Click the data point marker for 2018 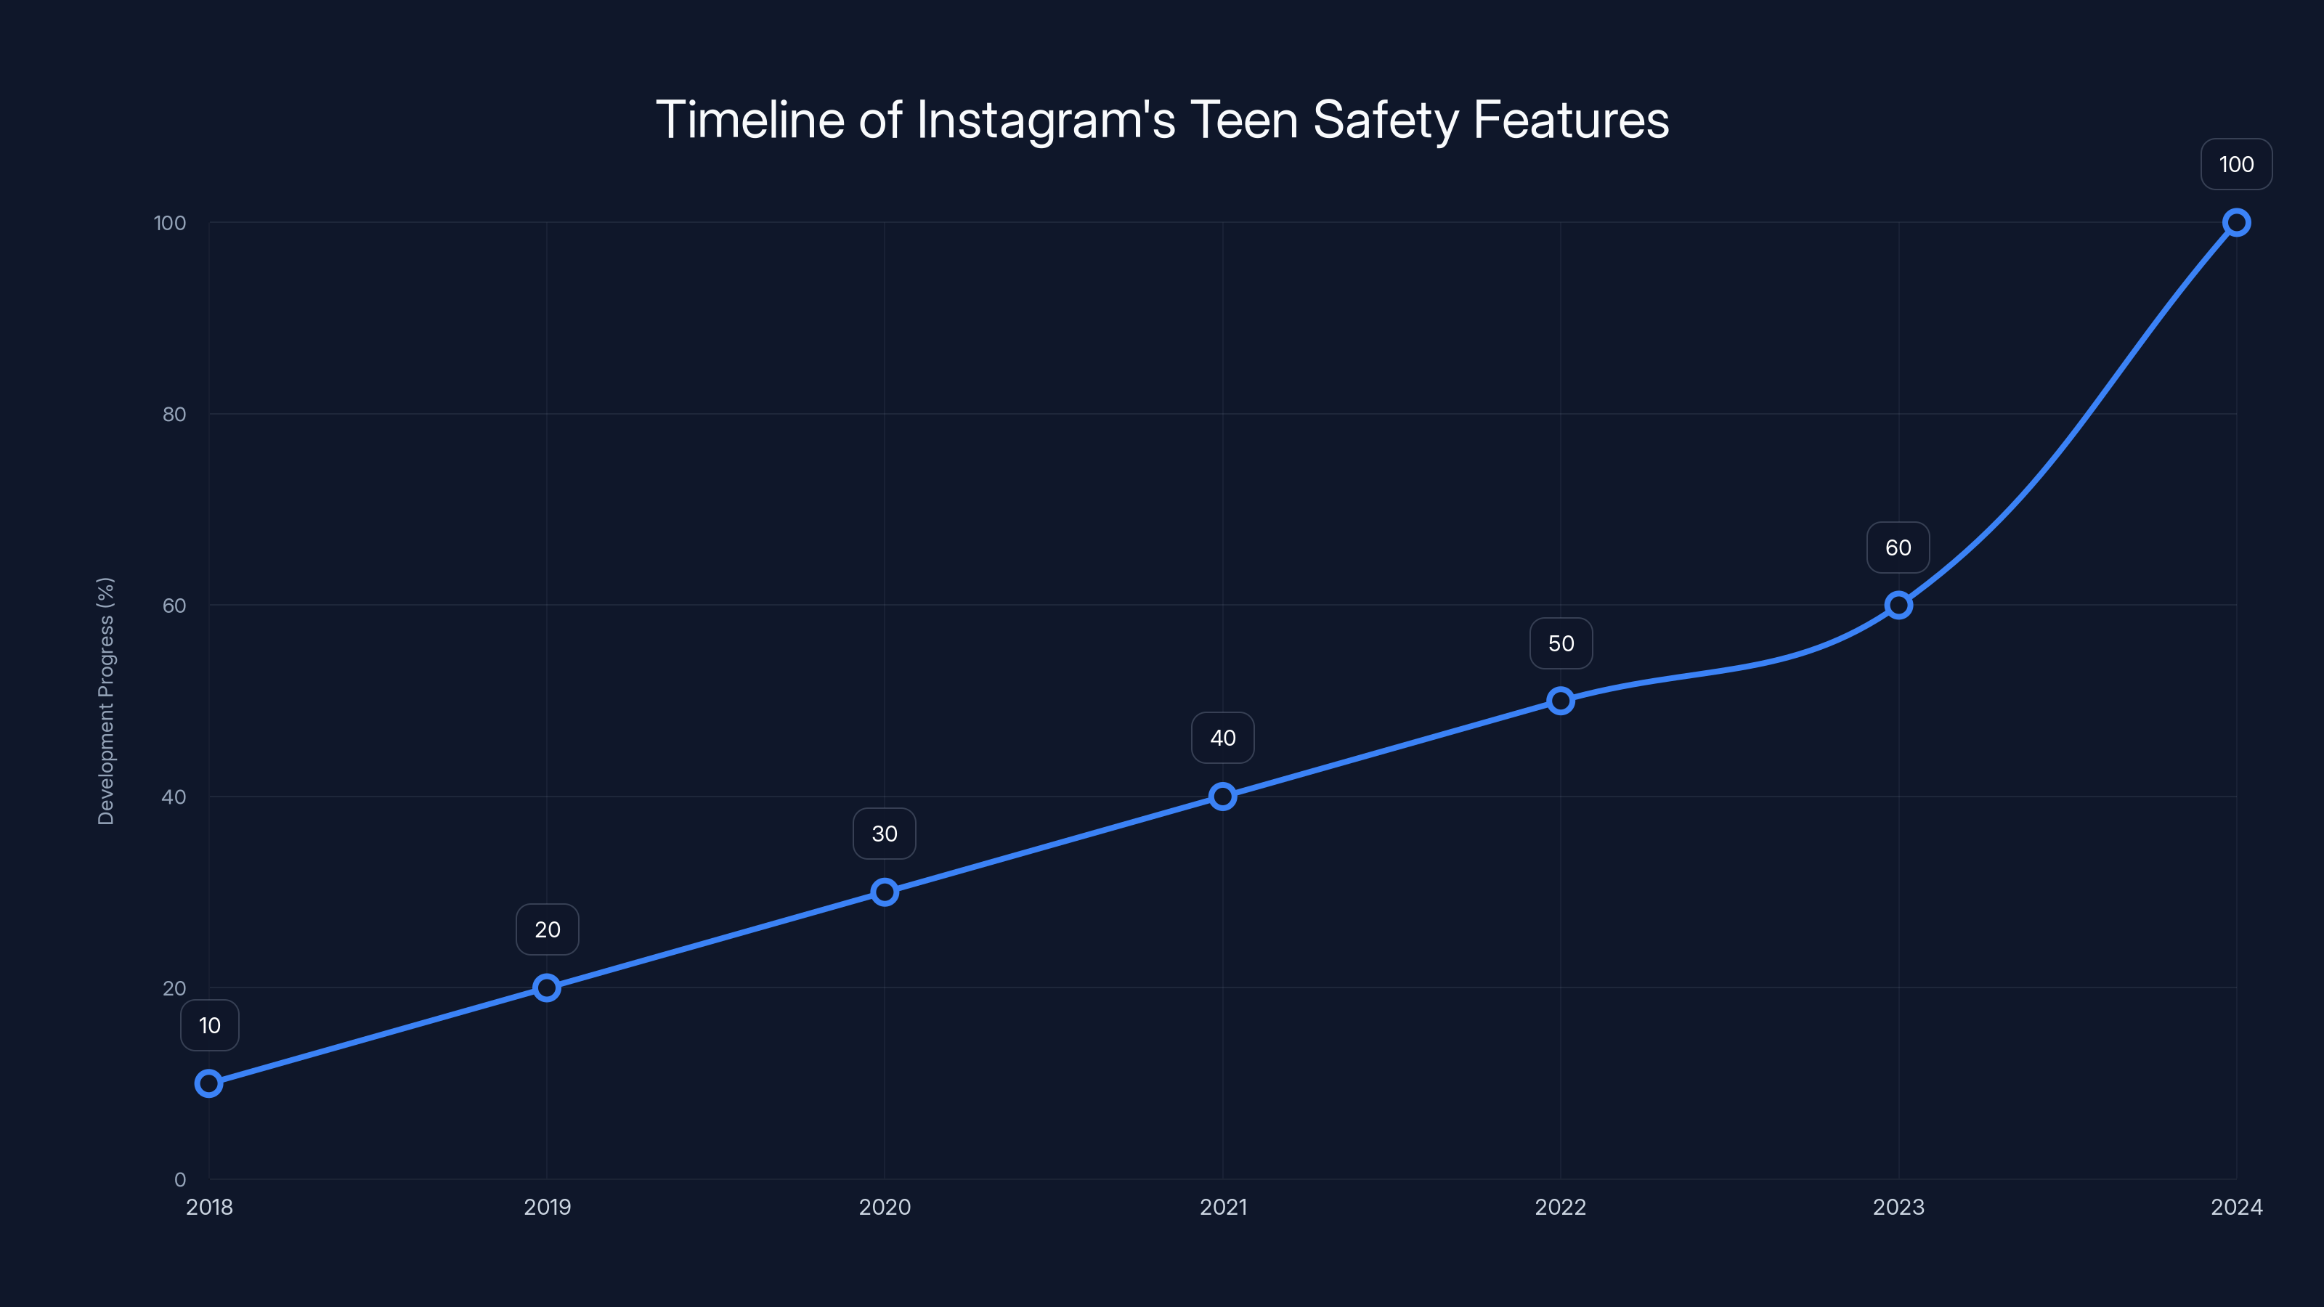point(208,1083)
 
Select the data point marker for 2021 point(1222,797)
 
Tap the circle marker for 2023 point(1898,606)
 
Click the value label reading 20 point(547,930)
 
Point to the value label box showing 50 point(1561,643)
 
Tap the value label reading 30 point(884,834)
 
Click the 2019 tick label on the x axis point(547,1207)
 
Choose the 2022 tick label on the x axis point(1561,1207)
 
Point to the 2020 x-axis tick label point(884,1207)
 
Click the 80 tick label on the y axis point(174,414)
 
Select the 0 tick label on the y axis point(180,1180)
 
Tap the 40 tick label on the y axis point(174,797)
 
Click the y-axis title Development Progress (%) point(105,701)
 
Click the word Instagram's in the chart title point(1046,120)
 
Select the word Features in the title point(1571,120)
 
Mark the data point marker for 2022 point(1561,701)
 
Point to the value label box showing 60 point(1898,547)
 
